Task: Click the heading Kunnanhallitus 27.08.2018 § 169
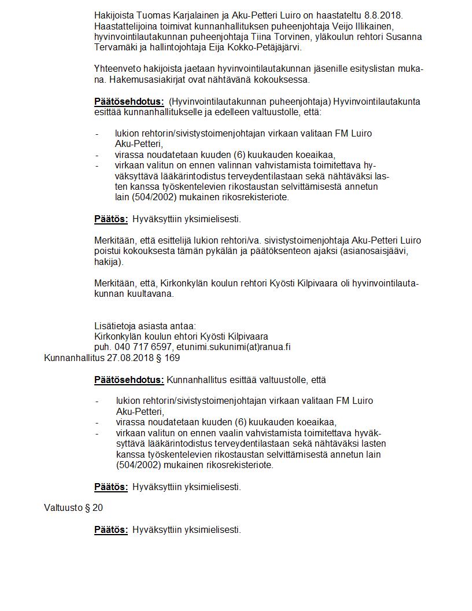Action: [x=112, y=358]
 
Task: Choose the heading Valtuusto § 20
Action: [x=73, y=508]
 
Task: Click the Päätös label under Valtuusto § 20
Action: [x=110, y=529]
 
